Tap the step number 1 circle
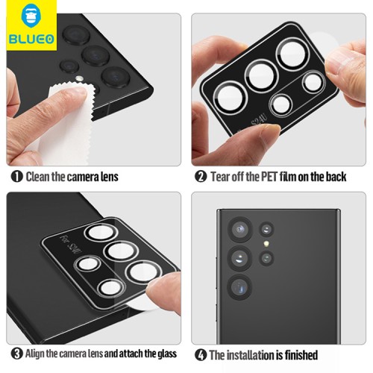coord(16,177)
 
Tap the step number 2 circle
coord(201,177)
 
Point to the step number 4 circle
coord(200,354)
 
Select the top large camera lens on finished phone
coord(239,229)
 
